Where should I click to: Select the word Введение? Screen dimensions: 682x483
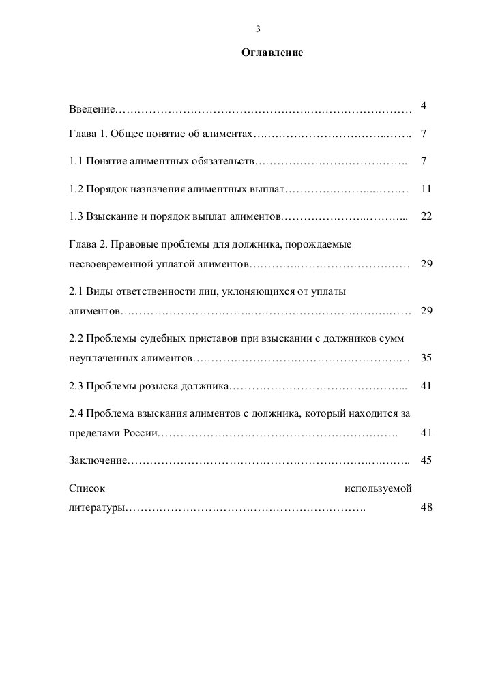92,110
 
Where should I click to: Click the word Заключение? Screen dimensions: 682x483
98,461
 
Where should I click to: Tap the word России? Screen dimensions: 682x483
140,433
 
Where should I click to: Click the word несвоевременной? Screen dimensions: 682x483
114,264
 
